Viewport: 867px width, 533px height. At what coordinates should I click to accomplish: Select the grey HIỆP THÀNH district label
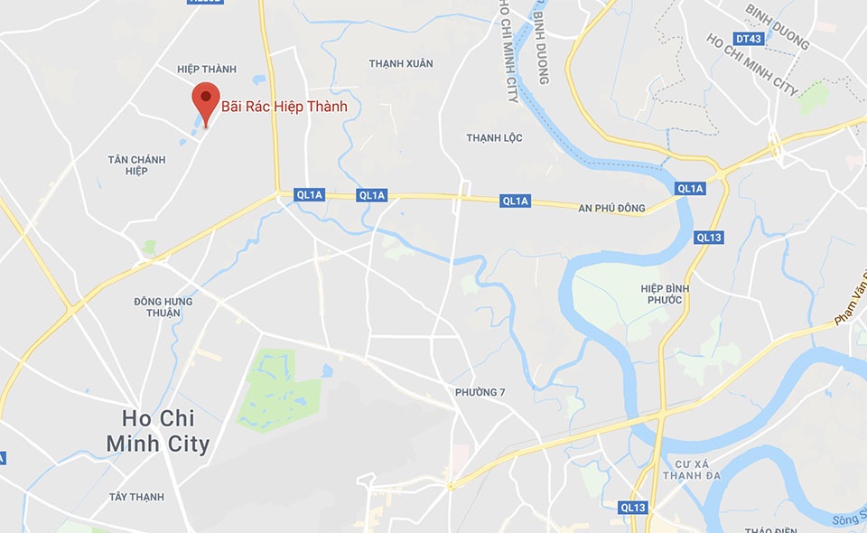pyautogui.click(x=208, y=70)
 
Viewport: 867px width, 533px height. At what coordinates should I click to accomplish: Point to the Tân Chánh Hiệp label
pyautogui.click(x=136, y=165)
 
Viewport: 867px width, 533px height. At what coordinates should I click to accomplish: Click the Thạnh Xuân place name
pyautogui.click(x=401, y=63)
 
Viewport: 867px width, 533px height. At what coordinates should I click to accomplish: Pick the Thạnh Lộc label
pyautogui.click(x=494, y=137)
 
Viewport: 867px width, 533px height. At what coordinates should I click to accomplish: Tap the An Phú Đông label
pyautogui.click(x=611, y=209)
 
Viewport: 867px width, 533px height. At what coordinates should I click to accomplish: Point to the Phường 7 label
pyautogui.click(x=477, y=392)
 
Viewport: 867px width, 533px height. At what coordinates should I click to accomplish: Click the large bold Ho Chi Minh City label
pyautogui.click(x=158, y=431)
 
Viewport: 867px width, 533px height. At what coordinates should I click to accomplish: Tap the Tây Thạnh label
pyautogui.click(x=136, y=497)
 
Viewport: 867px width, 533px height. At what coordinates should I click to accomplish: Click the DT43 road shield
pyautogui.click(x=749, y=39)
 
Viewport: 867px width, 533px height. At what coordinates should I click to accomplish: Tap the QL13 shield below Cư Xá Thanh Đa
pyautogui.click(x=633, y=508)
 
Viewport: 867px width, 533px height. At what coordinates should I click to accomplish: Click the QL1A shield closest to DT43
pyautogui.click(x=689, y=188)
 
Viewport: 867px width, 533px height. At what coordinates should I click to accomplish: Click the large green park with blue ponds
pyautogui.click(x=279, y=389)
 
